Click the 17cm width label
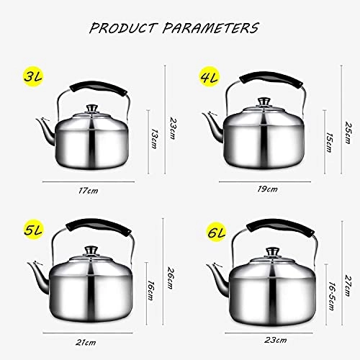click(88, 191)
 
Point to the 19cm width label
click(267, 189)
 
